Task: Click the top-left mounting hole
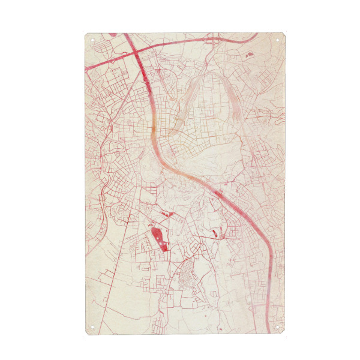[x=92, y=40]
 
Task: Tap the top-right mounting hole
[x=277, y=40]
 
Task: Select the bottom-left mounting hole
[x=92, y=328]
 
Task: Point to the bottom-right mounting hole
[x=277, y=328]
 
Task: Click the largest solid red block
[x=158, y=236]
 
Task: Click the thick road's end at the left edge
[x=88, y=66]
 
